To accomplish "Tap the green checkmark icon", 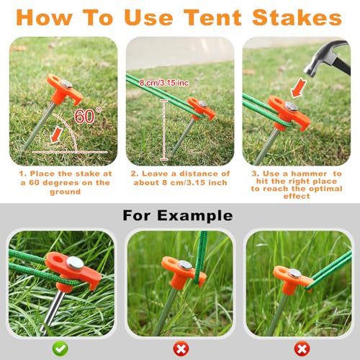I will tap(60, 347).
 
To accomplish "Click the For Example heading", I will tap(178, 215).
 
